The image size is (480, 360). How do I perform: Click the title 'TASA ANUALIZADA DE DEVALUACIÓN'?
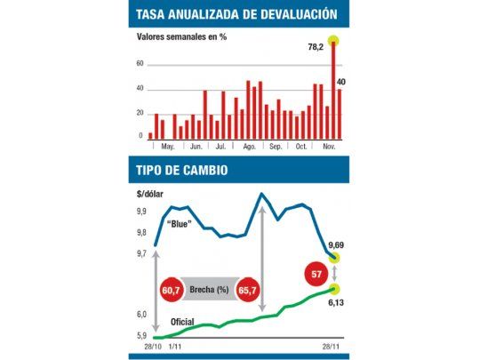click(x=236, y=14)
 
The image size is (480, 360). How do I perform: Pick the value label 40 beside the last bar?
click(x=341, y=82)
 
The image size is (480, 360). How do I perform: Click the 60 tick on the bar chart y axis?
click(x=140, y=64)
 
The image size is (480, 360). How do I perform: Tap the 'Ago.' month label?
click(x=249, y=147)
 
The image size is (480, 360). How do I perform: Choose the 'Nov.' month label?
click(x=326, y=147)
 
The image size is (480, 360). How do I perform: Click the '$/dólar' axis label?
click(x=151, y=193)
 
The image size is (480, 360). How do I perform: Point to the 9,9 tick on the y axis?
click(x=142, y=212)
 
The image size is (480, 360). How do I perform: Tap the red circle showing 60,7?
click(x=172, y=291)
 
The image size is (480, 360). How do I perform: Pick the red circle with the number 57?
click(x=317, y=272)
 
